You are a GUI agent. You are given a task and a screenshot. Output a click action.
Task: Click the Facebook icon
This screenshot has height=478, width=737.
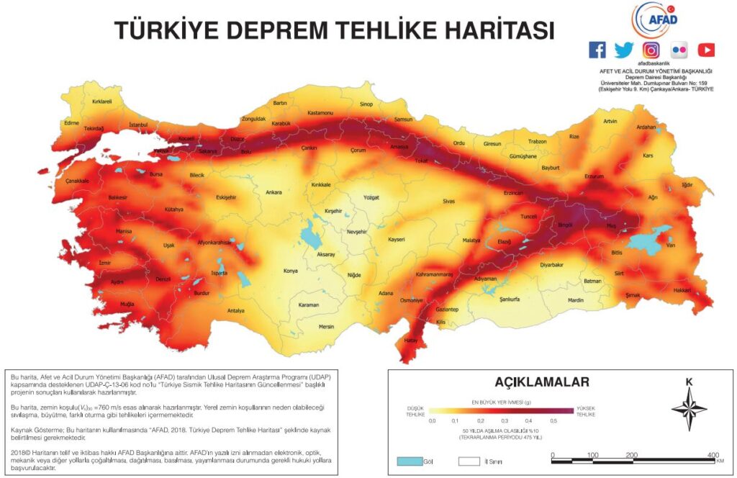click(x=597, y=50)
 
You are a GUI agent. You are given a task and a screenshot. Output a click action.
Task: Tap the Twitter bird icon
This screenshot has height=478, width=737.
click(x=624, y=50)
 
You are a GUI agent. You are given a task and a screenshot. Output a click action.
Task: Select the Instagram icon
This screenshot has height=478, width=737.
click(x=651, y=50)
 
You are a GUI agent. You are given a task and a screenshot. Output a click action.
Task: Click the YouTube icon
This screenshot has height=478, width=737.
click(x=706, y=50)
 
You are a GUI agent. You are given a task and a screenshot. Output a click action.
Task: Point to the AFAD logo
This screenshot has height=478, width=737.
click(x=654, y=19)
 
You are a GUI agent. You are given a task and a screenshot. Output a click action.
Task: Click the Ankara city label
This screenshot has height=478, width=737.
click(x=273, y=192)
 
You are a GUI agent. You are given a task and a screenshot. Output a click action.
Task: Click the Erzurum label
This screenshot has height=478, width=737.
click(x=594, y=176)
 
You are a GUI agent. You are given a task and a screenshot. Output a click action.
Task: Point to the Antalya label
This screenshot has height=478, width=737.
click(x=236, y=310)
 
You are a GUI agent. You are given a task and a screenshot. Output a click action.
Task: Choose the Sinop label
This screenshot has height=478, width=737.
click(x=366, y=104)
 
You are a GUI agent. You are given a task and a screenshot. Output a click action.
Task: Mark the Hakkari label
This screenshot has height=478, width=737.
click(x=682, y=289)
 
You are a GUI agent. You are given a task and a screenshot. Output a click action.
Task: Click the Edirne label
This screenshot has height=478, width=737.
click(x=71, y=123)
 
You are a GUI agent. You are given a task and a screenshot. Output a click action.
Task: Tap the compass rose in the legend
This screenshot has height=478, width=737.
click(x=689, y=408)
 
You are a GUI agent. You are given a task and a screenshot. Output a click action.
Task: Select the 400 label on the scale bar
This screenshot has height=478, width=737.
click(x=713, y=455)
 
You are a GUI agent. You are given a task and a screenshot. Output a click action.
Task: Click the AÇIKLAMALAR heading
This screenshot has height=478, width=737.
click(x=542, y=382)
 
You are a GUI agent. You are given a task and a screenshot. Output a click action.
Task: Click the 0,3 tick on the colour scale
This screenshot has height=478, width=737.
click(x=504, y=420)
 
